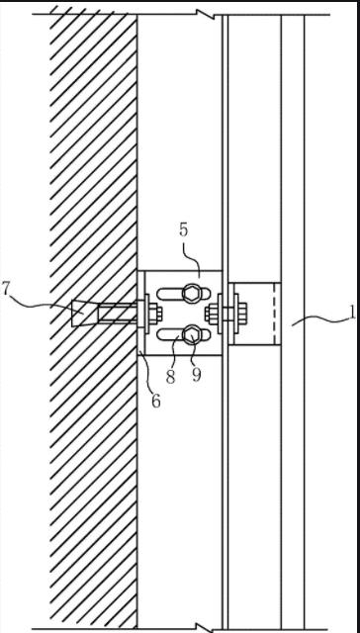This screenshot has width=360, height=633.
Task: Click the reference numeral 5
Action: click(184, 229)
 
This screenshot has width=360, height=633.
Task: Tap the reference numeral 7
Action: click(6, 290)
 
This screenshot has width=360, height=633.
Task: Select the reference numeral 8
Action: click(170, 377)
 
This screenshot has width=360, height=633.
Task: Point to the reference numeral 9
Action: click(196, 376)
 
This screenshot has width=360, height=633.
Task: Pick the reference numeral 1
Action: click(353, 312)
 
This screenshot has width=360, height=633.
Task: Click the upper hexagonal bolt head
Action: click(190, 293)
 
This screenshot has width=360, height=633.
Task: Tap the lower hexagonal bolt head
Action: click(190, 335)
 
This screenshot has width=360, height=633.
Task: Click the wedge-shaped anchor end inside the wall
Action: click(84, 313)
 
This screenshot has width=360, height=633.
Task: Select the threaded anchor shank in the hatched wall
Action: click(117, 314)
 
